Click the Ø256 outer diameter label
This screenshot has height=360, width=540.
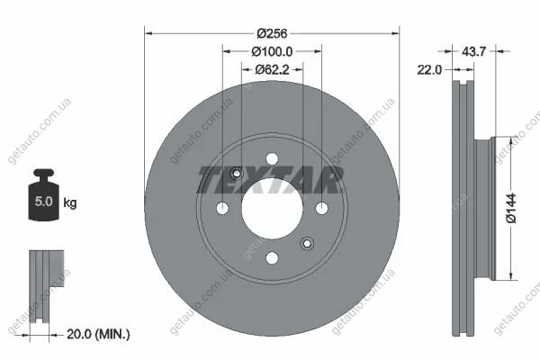(272, 33)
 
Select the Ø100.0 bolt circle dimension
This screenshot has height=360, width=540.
(272, 51)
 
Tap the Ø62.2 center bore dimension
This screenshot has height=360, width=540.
(272, 70)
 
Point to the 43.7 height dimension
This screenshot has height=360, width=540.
(473, 51)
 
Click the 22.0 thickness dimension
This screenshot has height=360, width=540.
(429, 70)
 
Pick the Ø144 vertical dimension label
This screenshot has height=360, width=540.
(511, 208)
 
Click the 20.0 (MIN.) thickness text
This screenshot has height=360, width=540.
(98, 334)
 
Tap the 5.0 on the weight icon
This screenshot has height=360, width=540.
(44, 202)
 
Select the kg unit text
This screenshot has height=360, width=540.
(70, 202)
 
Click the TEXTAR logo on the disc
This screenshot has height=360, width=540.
(270, 179)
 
